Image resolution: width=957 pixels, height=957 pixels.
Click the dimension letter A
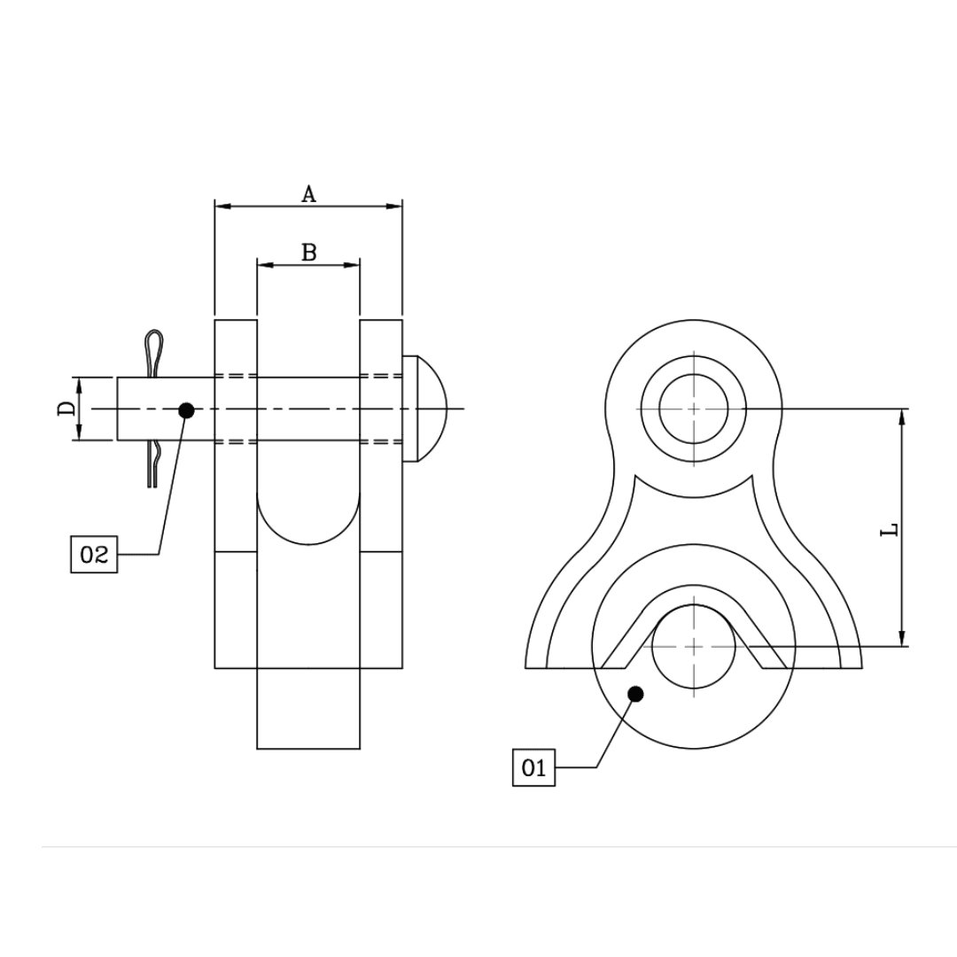(308, 194)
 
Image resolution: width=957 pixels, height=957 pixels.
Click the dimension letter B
(308, 253)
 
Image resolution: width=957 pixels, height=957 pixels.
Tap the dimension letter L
(891, 529)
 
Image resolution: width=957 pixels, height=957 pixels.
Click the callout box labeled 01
(533, 767)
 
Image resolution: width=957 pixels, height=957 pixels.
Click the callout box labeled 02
(94, 555)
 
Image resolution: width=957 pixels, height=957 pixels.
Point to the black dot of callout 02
(186, 410)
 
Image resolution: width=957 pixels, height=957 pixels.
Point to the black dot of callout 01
(634, 694)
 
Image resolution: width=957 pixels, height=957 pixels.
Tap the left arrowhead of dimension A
(222, 206)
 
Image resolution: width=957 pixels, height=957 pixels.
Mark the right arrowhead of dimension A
(395, 206)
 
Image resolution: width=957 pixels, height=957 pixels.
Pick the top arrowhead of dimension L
(902, 416)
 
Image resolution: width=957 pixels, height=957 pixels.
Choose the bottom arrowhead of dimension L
(902, 639)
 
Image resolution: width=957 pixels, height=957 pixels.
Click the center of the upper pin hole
(694, 408)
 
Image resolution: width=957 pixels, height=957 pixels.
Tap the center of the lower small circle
(694, 646)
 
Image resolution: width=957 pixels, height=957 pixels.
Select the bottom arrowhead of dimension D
(79, 433)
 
